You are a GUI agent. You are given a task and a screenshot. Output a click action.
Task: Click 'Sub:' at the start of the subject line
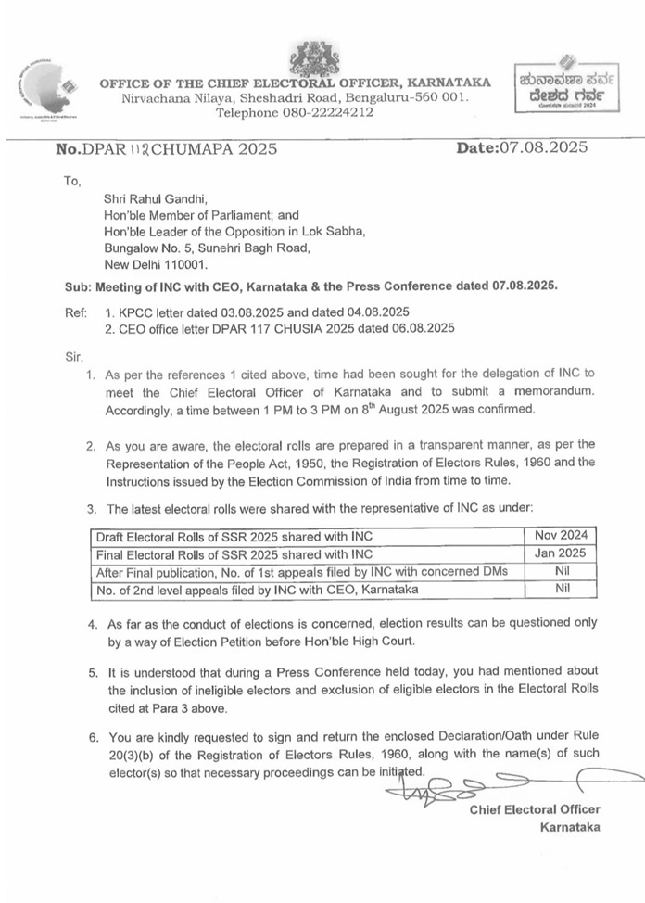(x=78, y=286)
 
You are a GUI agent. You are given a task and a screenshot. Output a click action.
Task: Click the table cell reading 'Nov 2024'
(x=561, y=535)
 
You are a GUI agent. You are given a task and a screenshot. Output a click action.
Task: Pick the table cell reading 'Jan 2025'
(x=561, y=553)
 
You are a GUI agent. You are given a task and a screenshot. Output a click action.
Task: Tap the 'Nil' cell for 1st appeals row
(x=561, y=571)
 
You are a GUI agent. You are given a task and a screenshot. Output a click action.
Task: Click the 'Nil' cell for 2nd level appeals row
(x=561, y=589)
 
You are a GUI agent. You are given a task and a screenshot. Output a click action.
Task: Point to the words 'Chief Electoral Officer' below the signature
(x=535, y=809)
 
